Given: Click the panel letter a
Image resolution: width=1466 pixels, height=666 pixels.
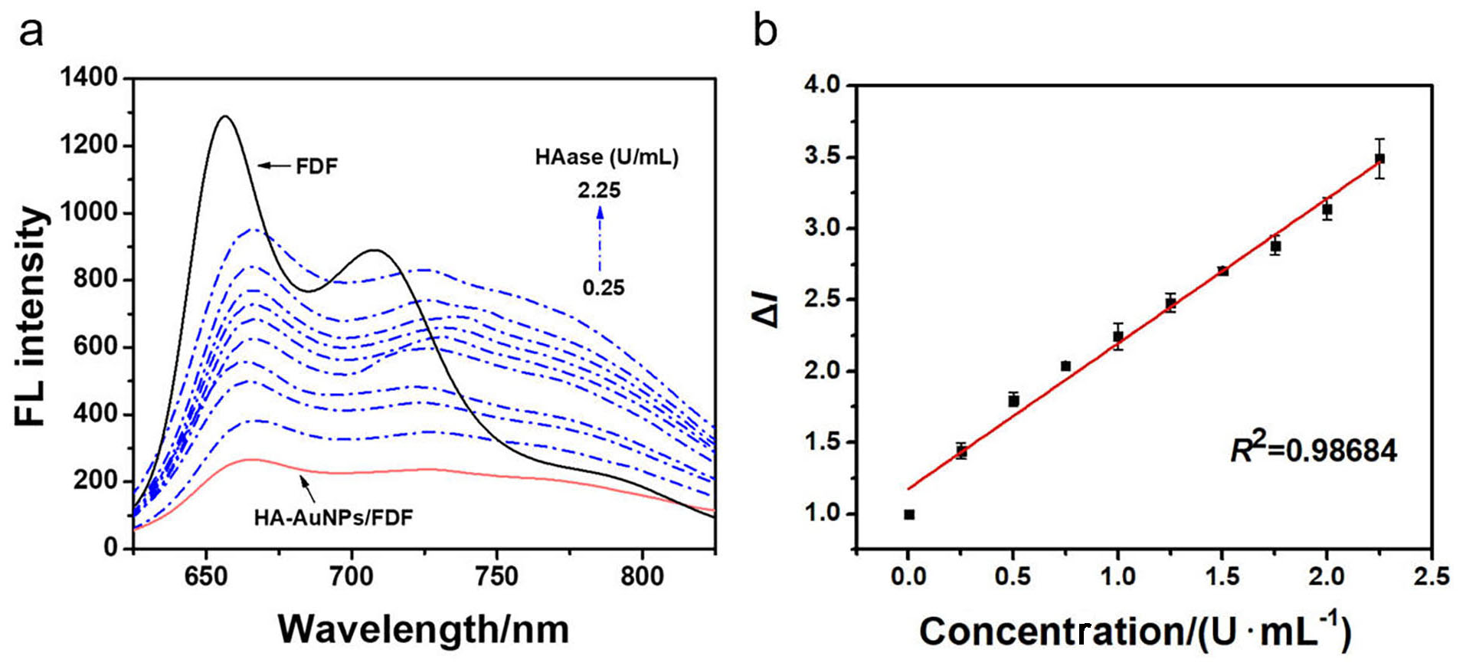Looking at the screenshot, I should coord(31,32).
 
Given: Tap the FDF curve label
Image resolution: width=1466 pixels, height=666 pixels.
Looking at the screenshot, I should coord(316,166).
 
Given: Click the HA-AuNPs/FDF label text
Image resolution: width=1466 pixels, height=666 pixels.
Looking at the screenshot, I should coord(333,518).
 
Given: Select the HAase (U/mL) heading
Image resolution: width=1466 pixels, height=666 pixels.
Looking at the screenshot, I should coord(607,157).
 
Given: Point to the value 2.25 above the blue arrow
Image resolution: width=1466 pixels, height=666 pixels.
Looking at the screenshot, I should coord(599,190).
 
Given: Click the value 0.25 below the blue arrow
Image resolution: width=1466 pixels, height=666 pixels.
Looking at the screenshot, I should coord(604,288).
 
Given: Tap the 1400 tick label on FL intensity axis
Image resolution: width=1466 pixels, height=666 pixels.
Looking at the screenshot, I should coord(90,77).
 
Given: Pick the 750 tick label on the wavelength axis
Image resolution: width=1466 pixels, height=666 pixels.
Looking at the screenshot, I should coord(496,576).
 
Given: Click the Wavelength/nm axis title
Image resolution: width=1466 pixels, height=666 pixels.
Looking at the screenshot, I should coord(424,630).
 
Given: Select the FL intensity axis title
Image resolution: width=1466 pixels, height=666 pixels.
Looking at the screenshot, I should coord(32,316).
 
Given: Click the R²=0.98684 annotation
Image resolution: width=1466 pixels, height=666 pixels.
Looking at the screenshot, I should coord(1314,451).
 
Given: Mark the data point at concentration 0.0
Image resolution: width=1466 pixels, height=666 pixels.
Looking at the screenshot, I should coord(909,515).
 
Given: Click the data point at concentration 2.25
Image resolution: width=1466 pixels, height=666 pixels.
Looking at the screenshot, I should coord(1379,159).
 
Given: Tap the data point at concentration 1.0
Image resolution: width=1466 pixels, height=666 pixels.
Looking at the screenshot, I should coord(1118,336).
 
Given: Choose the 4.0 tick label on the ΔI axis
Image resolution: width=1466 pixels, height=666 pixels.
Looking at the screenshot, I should coord(822,85).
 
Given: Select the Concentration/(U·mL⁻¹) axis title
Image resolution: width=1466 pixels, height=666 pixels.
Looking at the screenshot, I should coord(1135,632).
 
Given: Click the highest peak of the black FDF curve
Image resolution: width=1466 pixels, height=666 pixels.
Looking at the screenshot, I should coord(224,116).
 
